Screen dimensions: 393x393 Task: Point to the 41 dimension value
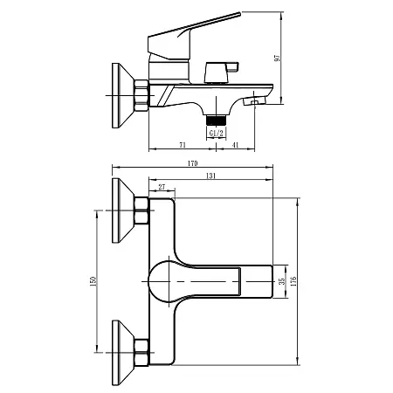237,145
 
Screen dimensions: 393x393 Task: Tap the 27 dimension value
162,186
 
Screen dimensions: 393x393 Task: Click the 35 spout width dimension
280,281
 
